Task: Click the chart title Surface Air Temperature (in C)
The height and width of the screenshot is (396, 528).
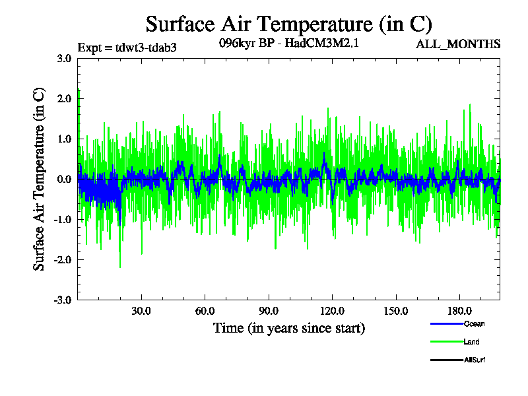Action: [288, 24]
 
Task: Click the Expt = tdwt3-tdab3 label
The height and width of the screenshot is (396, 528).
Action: [127, 47]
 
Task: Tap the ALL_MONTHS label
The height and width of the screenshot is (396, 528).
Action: [457, 44]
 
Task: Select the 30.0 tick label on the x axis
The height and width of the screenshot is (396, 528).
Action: [141, 311]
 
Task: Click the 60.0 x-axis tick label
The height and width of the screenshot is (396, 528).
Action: [205, 311]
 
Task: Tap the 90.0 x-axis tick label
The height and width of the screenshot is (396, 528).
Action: [268, 311]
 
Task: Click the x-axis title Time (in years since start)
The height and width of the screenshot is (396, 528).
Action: [288, 328]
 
